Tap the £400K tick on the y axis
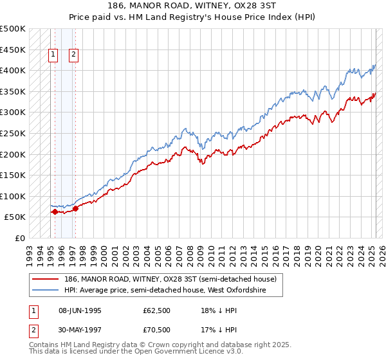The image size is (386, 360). click(x=13, y=70)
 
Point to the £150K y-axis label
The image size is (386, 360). click(x=13, y=175)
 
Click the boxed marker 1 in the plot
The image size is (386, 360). click(x=53, y=55)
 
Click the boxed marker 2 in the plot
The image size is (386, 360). click(x=74, y=55)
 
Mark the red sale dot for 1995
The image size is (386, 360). click(x=55, y=212)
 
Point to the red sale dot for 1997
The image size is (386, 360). click(x=76, y=208)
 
